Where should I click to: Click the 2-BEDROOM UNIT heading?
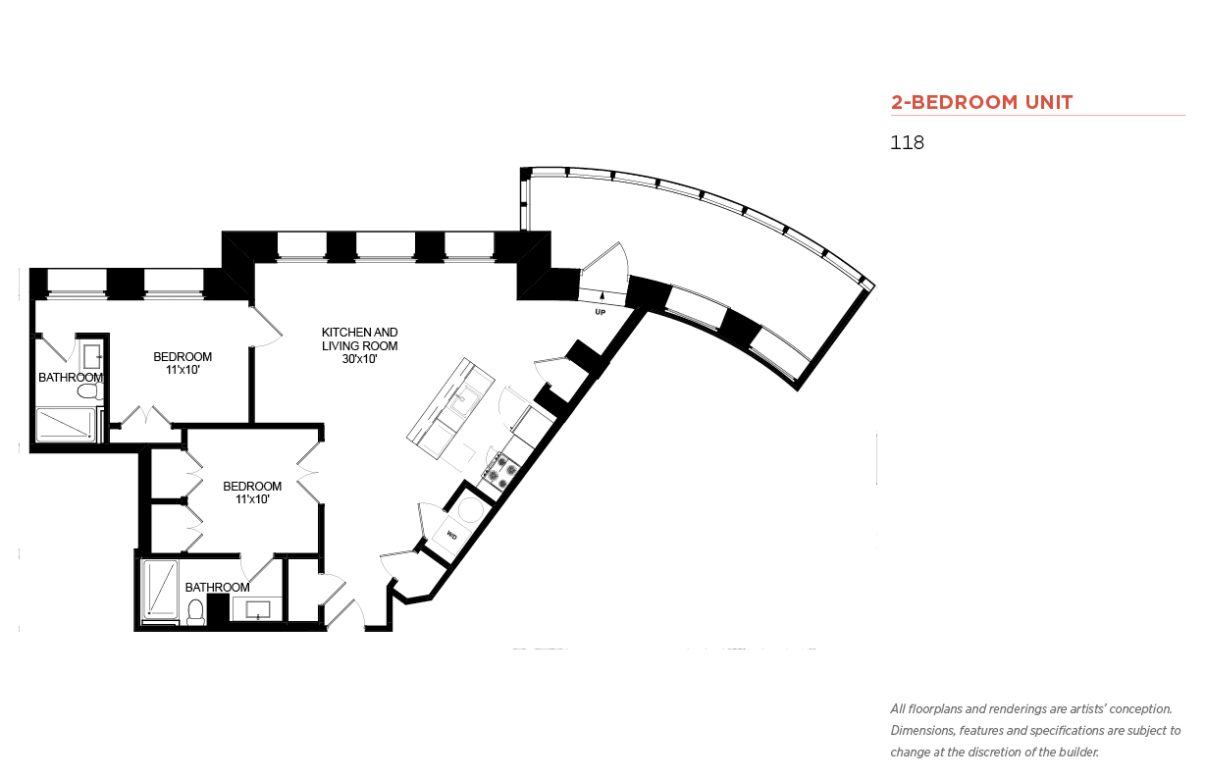pos(981,102)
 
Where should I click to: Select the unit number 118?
pos(907,142)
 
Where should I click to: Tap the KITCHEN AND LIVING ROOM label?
pos(359,338)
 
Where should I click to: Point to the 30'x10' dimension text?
pos(359,359)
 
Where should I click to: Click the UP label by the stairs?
pos(600,312)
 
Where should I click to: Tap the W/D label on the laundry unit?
pos(451,536)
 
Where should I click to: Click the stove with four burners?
pos(500,471)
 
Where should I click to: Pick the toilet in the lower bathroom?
pos(195,613)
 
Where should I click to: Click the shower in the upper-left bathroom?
pos(66,425)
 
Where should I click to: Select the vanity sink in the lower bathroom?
pos(258,610)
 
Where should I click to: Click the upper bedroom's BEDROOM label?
pos(183,357)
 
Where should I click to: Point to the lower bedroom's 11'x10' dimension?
pos(252,499)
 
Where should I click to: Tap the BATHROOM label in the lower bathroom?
pos(217,588)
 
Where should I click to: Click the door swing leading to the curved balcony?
pos(606,266)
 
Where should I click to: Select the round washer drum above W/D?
pos(470,510)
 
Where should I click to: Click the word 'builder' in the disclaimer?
pos(1078,753)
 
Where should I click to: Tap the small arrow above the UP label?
pos(602,294)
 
